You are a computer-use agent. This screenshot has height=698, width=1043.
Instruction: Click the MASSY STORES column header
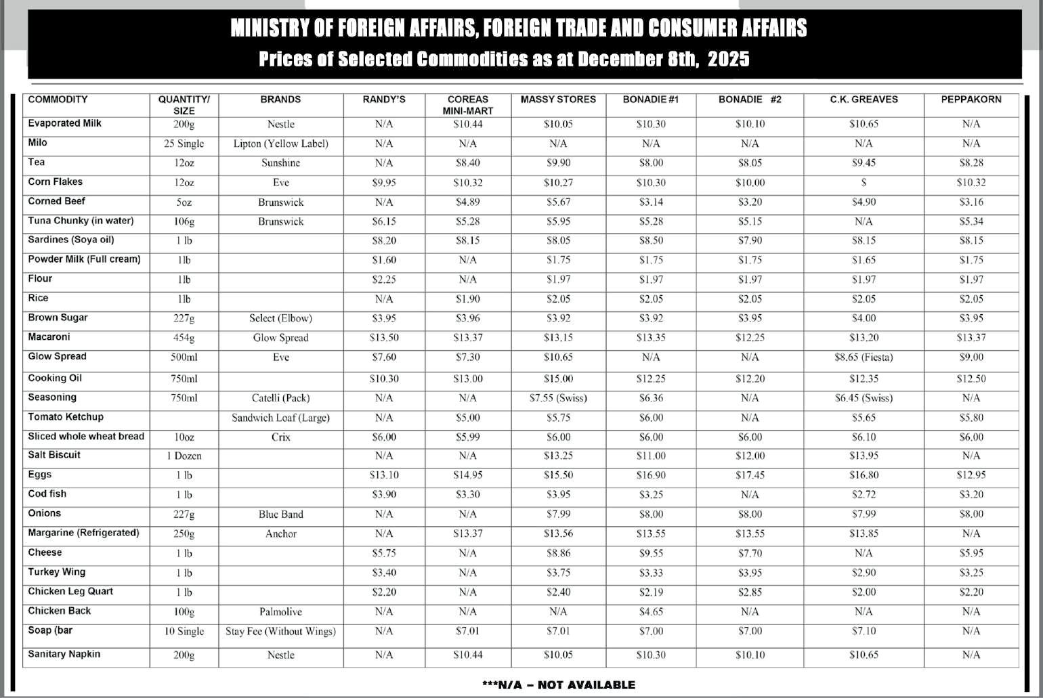pyautogui.click(x=558, y=100)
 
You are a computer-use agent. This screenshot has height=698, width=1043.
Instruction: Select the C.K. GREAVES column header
pyautogui.click(x=864, y=100)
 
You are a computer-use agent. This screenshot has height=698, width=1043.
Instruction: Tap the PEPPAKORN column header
pyautogui.click(x=971, y=100)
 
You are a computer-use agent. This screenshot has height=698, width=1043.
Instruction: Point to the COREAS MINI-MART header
pyautogui.click(x=468, y=105)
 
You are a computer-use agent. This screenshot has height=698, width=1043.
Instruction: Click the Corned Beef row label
pyautogui.click(x=57, y=201)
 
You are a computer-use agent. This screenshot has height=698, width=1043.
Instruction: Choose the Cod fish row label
pyautogui.click(x=47, y=494)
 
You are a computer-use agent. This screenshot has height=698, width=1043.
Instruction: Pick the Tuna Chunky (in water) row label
pyautogui.click(x=81, y=221)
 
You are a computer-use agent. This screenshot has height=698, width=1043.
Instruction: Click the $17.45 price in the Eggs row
pyautogui.click(x=750, y=475)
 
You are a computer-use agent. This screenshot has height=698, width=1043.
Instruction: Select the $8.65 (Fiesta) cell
pyautogui.click(x=864, y=357)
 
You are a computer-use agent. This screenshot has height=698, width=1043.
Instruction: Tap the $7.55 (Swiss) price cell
pyautogui.click(x=558, y=398)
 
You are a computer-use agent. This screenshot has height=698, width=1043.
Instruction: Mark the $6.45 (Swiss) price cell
pyautogui.click(x=864, y=398)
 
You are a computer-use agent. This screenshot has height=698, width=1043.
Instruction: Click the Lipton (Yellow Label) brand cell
pyautogui.click(x=280, y=144)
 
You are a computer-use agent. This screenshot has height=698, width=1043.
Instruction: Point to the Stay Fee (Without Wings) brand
pyautogui.click(x=280, y=632)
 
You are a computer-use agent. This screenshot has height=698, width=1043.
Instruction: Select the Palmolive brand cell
pyautogui.click(x=280, y=612)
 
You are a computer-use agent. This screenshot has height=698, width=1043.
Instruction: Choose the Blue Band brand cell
pyautogui.click(x=280, y=515)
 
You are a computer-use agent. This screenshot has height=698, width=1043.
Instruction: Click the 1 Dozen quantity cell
pyautogui.click(x=184, y=456)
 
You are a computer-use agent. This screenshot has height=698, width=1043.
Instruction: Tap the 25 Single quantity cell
pyautogui.click(x=184, y=144)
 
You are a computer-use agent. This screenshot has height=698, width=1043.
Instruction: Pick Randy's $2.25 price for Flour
pyautogui.click(x=384, y=280)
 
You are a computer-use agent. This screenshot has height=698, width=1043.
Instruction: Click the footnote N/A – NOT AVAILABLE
pyautogui.click(x=558, y=685)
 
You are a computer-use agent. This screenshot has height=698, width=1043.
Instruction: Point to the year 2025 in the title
pyautogui.click(x=729, y=60)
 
